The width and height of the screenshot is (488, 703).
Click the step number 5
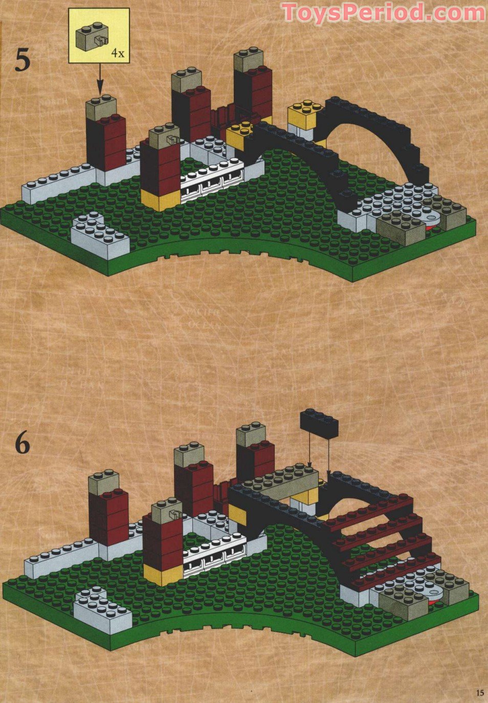23,59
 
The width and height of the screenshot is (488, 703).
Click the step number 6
23,443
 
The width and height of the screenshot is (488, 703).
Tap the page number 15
479,693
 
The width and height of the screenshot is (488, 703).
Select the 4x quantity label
118,53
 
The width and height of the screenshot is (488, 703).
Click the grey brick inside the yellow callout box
92,37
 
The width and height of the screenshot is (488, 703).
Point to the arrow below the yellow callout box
100,79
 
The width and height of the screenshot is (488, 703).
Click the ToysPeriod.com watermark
383,12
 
